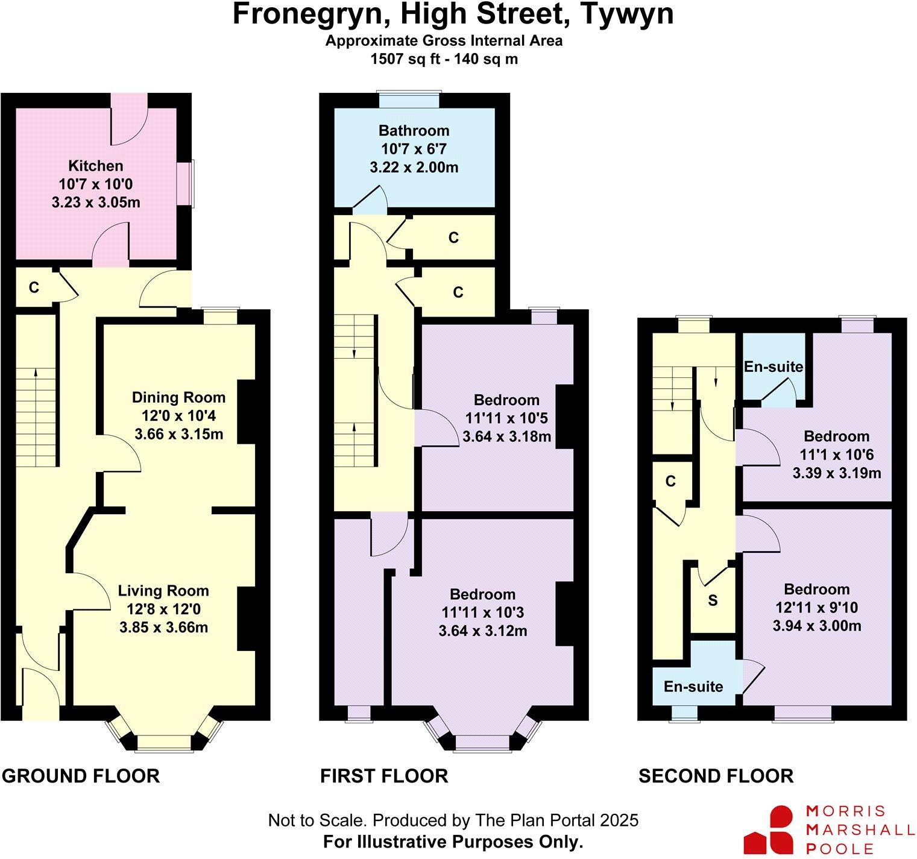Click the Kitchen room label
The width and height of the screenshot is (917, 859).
(95, 166)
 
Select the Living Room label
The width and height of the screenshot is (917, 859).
(163, 591)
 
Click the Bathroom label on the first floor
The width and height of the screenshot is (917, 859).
(414, 131)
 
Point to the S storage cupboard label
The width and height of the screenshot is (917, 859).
(713, 601)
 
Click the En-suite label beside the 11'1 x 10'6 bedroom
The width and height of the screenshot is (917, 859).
(773, 367)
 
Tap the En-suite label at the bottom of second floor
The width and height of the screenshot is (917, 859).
(693, 686)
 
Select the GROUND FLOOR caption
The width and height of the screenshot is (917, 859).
(81, 776)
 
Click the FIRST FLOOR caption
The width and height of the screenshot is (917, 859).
(384, 776)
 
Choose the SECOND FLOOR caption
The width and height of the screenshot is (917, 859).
(716, 776)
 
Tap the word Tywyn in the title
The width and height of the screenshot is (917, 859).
(626, 14)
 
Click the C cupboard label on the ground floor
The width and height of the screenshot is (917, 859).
(34, 288)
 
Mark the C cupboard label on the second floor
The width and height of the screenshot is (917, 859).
(670, 481)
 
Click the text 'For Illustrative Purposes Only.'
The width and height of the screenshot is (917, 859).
(453, 842)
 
